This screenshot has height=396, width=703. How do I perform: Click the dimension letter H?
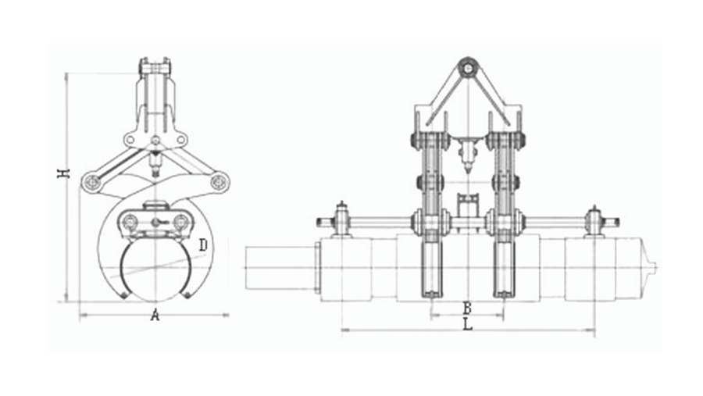tap(65, 173)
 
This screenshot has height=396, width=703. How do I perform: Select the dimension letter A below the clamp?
tap(155, 316)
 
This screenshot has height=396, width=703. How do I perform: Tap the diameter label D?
tap(203, 245)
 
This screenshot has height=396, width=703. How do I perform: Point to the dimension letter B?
tap(467, 308)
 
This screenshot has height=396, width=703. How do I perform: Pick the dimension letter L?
tap(468, 324)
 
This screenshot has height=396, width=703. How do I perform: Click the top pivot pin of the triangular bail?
tap(468, 69)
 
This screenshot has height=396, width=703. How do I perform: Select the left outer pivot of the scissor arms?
tap(93, 182)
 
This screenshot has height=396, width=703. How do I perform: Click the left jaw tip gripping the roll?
tap(123, 295)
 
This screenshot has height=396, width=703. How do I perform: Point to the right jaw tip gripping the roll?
tap(187, 294)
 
